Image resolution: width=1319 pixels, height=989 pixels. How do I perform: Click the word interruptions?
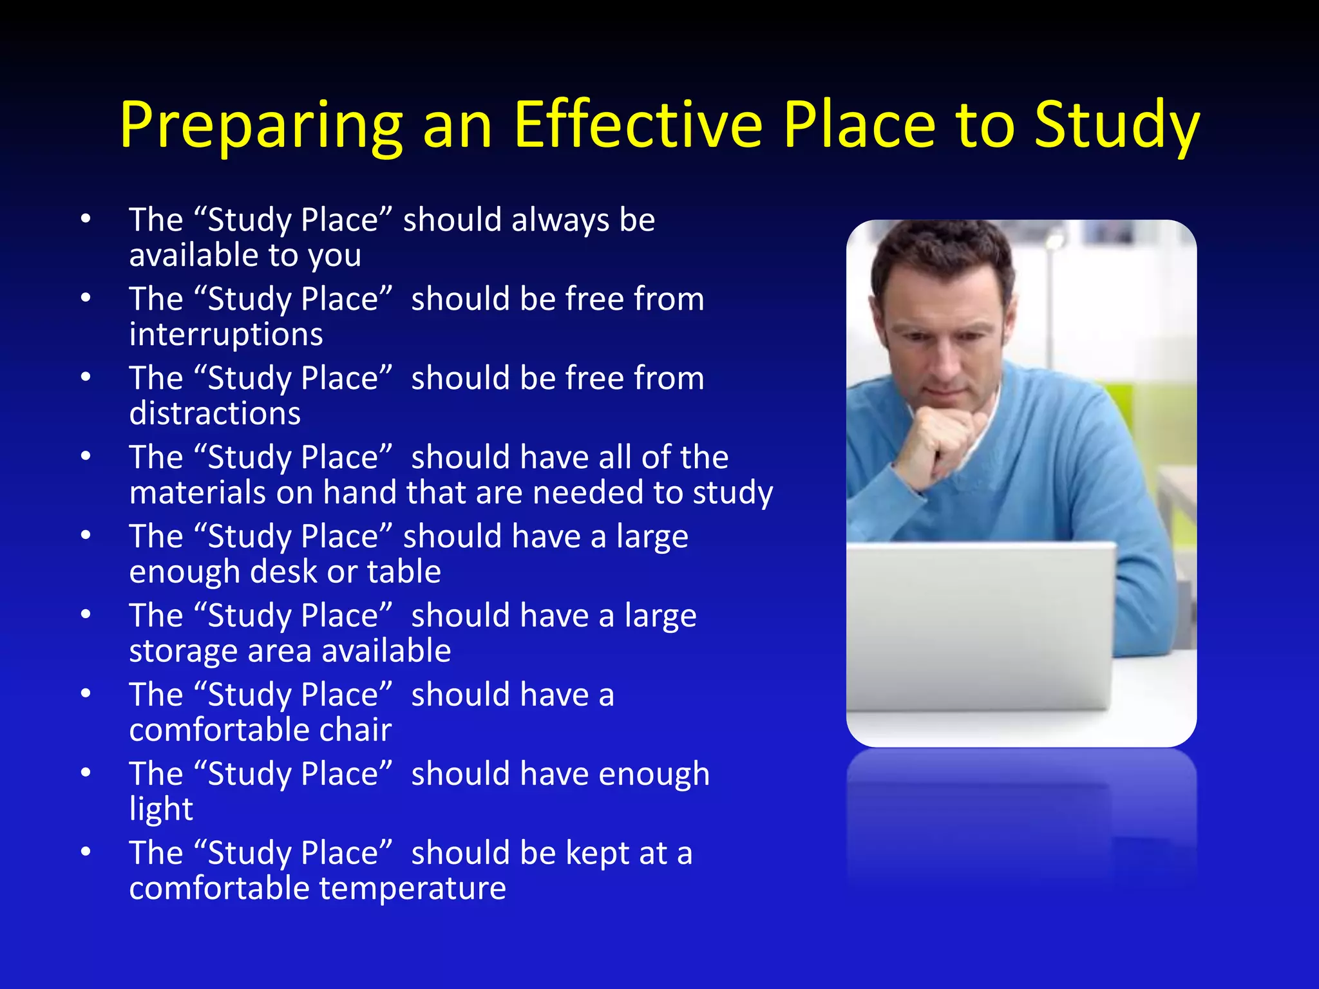226,335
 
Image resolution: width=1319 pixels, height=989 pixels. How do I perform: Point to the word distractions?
214,413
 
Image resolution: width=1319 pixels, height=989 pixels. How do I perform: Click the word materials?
196,493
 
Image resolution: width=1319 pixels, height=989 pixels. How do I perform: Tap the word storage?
183,652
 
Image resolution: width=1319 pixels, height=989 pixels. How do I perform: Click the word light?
161,809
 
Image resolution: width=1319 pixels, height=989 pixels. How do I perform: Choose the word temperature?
412,889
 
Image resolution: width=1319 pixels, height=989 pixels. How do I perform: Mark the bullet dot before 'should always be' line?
86,220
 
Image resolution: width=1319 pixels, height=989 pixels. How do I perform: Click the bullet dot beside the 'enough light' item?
86,773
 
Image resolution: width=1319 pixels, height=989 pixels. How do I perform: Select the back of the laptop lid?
979,625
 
